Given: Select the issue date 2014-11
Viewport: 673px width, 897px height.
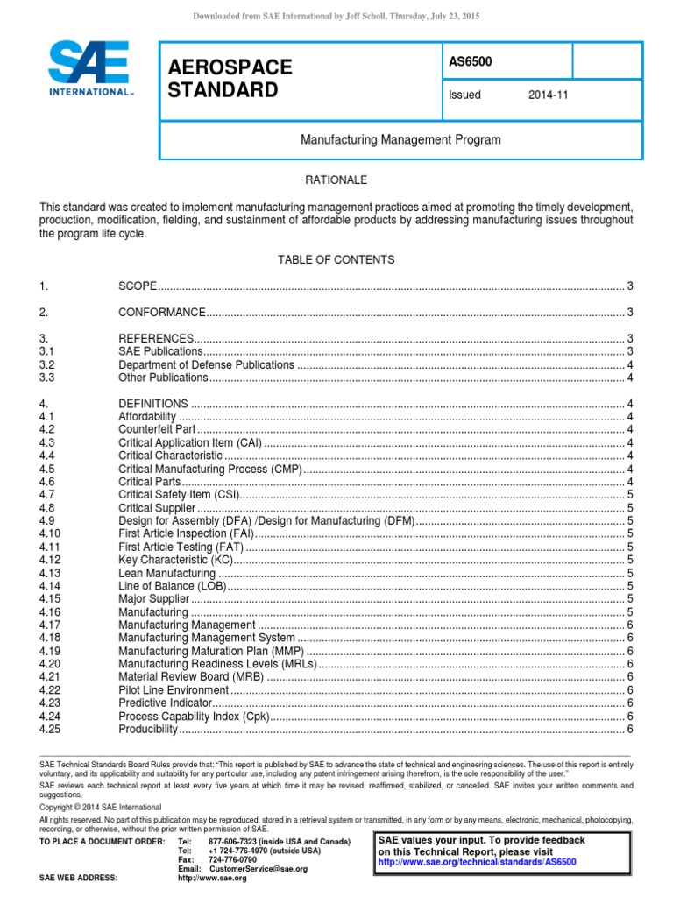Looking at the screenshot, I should coord(548,95).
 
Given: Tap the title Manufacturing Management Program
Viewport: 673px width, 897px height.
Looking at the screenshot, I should coord(400,139).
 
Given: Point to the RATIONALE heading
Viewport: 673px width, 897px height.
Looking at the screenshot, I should coord(336,180).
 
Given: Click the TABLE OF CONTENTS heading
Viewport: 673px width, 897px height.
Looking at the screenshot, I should coord(336,260).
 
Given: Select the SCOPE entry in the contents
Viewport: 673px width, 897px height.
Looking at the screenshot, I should coord(138,286).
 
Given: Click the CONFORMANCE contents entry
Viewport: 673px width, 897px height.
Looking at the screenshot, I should coord(162,313).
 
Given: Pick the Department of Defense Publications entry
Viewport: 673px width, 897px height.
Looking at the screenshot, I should coord(206,364).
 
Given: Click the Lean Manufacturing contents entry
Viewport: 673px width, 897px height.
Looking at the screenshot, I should coord(166,573).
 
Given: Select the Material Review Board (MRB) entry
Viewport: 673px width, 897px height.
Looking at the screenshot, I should coord(188,677).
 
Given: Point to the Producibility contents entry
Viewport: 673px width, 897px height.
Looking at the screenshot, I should coord(148,730).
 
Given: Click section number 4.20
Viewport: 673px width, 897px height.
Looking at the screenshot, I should coord(49,664).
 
